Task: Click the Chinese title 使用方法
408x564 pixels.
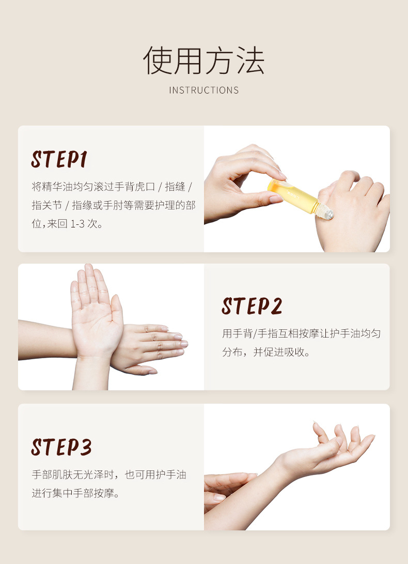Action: tap(204, 61)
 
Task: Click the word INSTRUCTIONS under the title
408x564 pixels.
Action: tap(204, 90)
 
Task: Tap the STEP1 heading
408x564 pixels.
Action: tap(59, 160)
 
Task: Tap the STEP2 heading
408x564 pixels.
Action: tap(252, 306)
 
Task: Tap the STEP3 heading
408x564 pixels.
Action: tap(61, 447)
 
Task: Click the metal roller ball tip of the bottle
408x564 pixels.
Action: tap(327, 212)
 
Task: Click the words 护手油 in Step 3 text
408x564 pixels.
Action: tap(170, 474)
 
